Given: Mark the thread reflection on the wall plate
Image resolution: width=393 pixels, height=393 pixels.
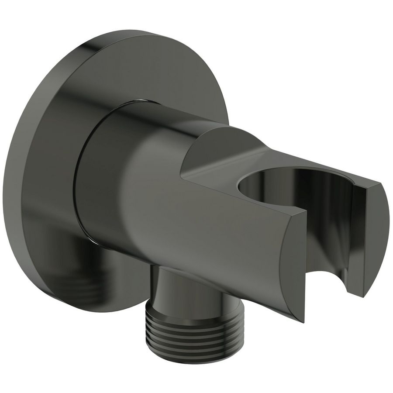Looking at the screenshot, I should coord(87,279).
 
